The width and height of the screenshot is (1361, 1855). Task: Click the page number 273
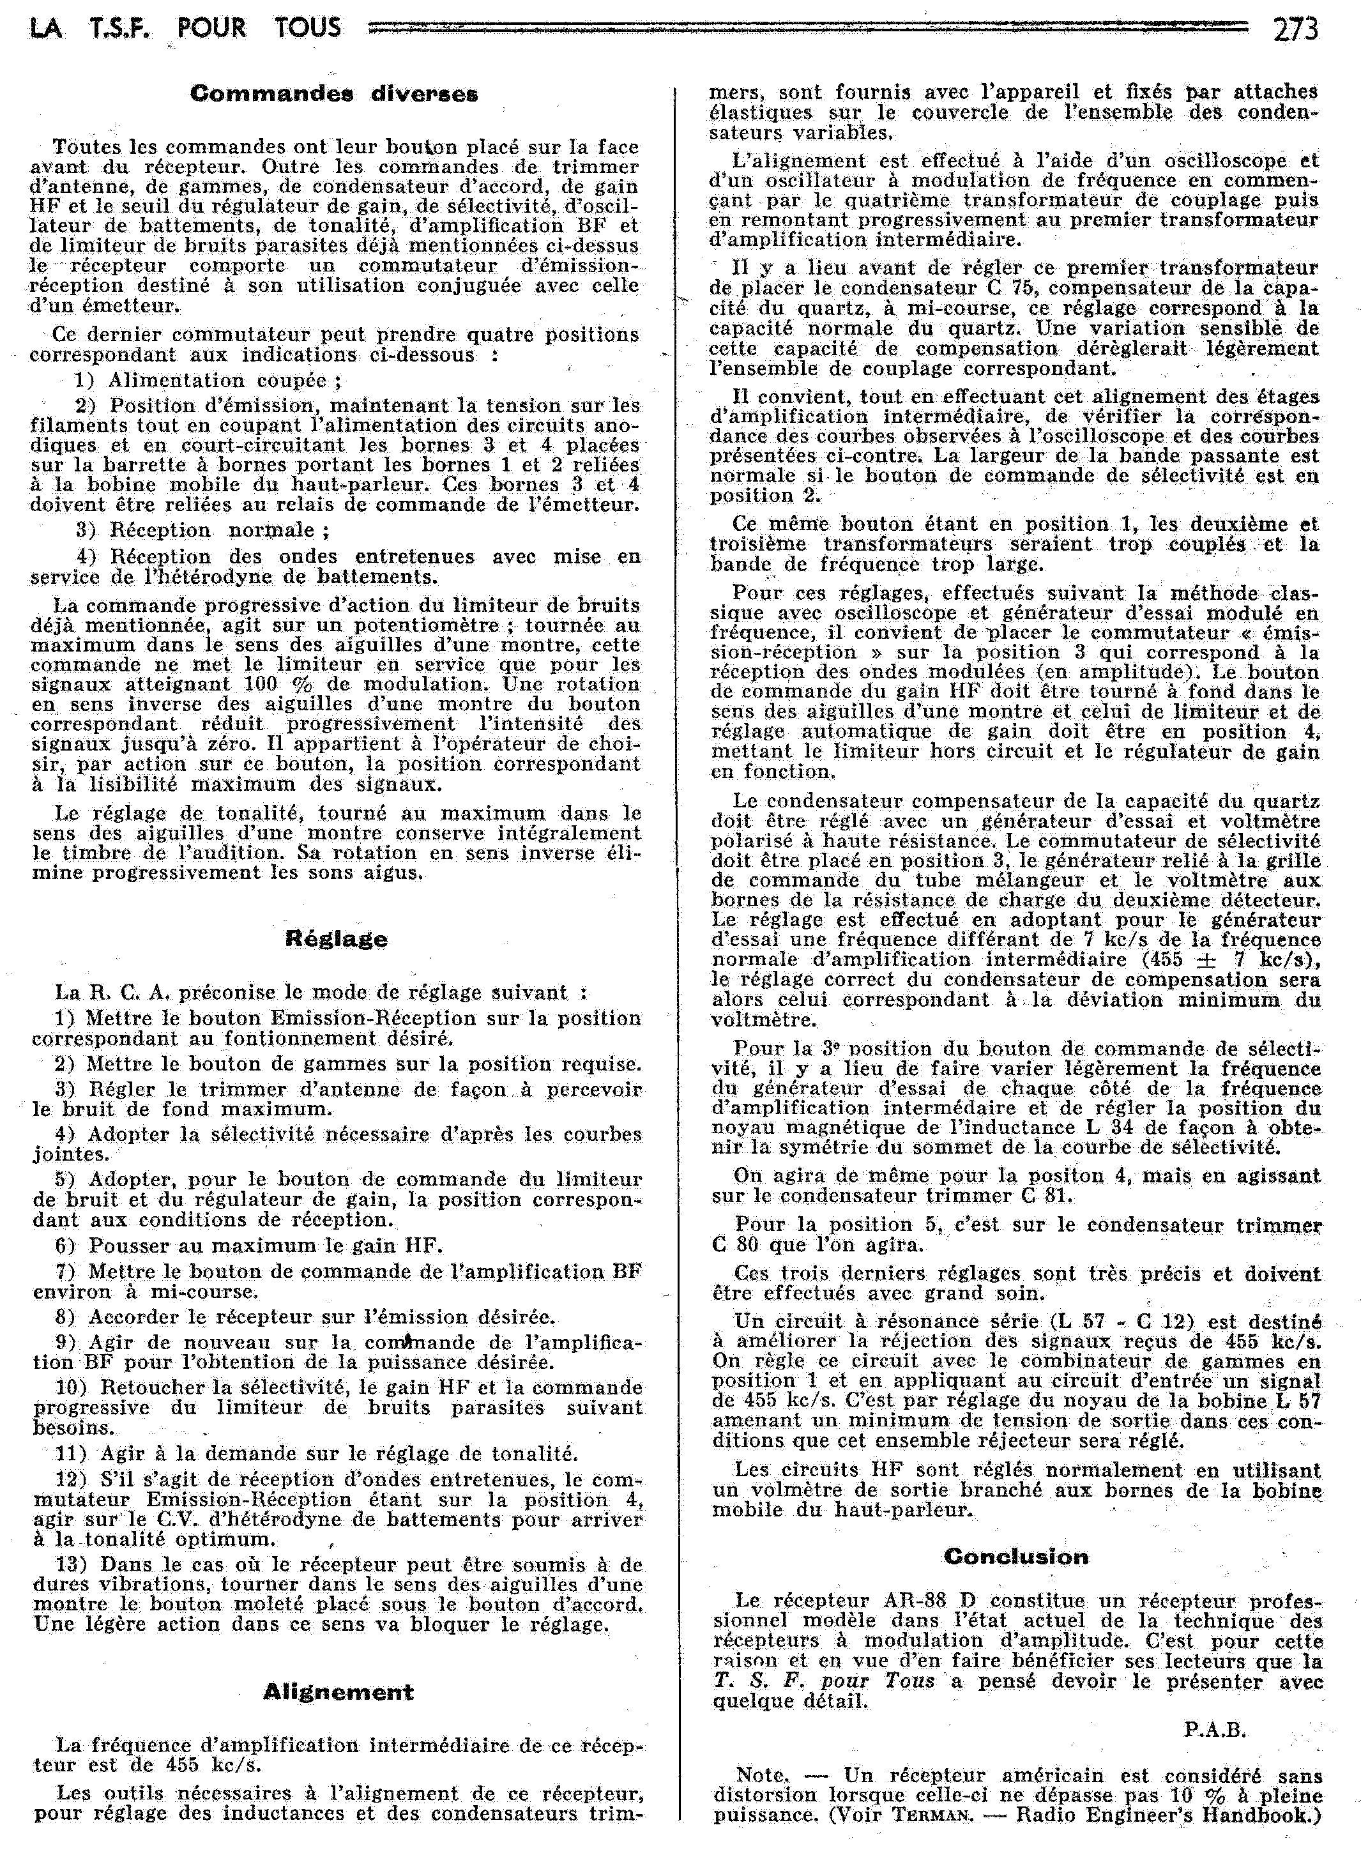coord(1295,29)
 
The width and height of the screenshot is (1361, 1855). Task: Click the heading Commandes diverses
coord(333,94)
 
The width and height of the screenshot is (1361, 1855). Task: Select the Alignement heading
coord(338,1692)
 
